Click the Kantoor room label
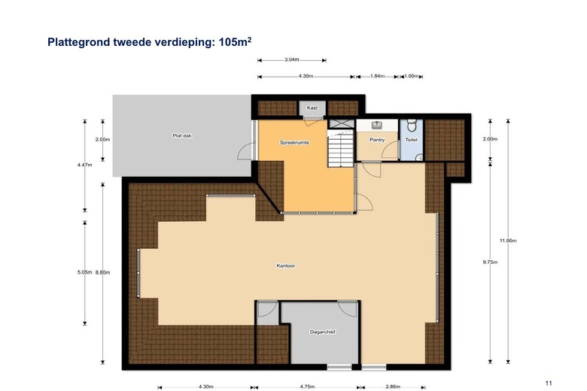(x=286, y=265)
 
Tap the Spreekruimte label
(x=294, y=143)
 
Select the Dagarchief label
(x=323, y=332)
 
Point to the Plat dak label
(x=182, y=136)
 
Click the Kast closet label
(x=312, y=108)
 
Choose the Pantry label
(x=377, y=140)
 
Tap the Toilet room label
(x=412, y=140)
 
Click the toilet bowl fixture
(x=412, y=126)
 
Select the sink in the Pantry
(x=377, y=125)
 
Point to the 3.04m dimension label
(x=292, y=59)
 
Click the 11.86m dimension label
(x=508, y=241)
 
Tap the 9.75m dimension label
(x=490, y=262)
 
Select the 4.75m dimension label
(x=307, y=387)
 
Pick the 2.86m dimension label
(x=393, y=387)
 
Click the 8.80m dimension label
(x=102, y=272)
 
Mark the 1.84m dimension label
(x=377, y=76)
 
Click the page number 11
(x=549, y=383)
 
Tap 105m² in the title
(x=235, y=41)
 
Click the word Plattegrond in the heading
(x=78, y=42)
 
